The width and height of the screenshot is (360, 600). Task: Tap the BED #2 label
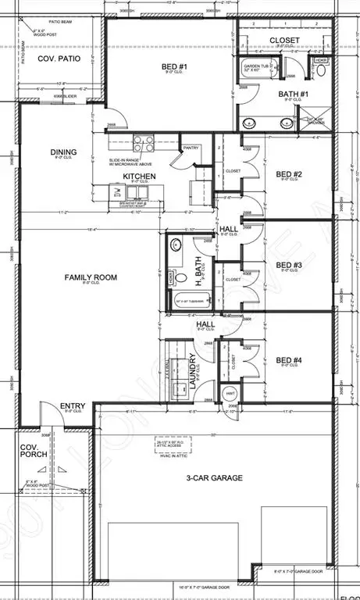[x=289, y=174]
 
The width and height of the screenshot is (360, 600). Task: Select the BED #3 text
[x=289, y=265]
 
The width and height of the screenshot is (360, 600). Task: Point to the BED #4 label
[x=289, y=361]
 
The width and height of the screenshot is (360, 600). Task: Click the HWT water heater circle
[x=230, y=394]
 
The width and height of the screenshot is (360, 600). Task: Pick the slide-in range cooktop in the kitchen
[x=144, y=143]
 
